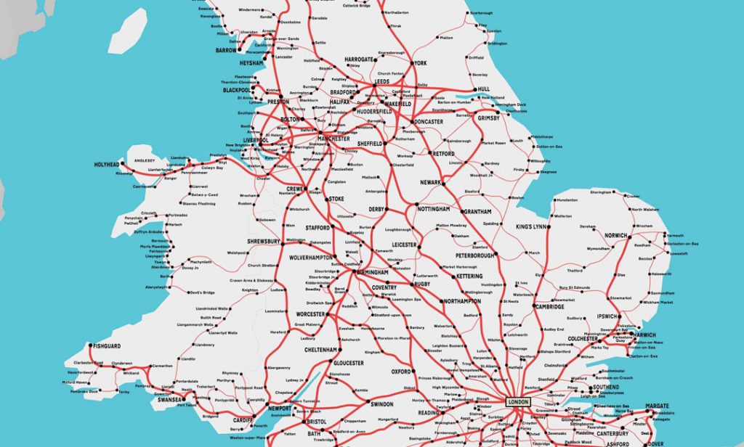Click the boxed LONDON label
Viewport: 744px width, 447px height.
pos(519,401)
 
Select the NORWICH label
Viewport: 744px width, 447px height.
pos(615,236)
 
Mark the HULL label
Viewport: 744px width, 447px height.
pos(483,90)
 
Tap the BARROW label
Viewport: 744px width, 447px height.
pos(226,51)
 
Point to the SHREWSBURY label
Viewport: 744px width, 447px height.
pos(264,241)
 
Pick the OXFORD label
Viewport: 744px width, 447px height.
pos(401,372)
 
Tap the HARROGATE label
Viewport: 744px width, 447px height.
pos(358,59)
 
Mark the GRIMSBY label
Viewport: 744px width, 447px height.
pos(490,118)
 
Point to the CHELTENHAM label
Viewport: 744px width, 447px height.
pos(320,349)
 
